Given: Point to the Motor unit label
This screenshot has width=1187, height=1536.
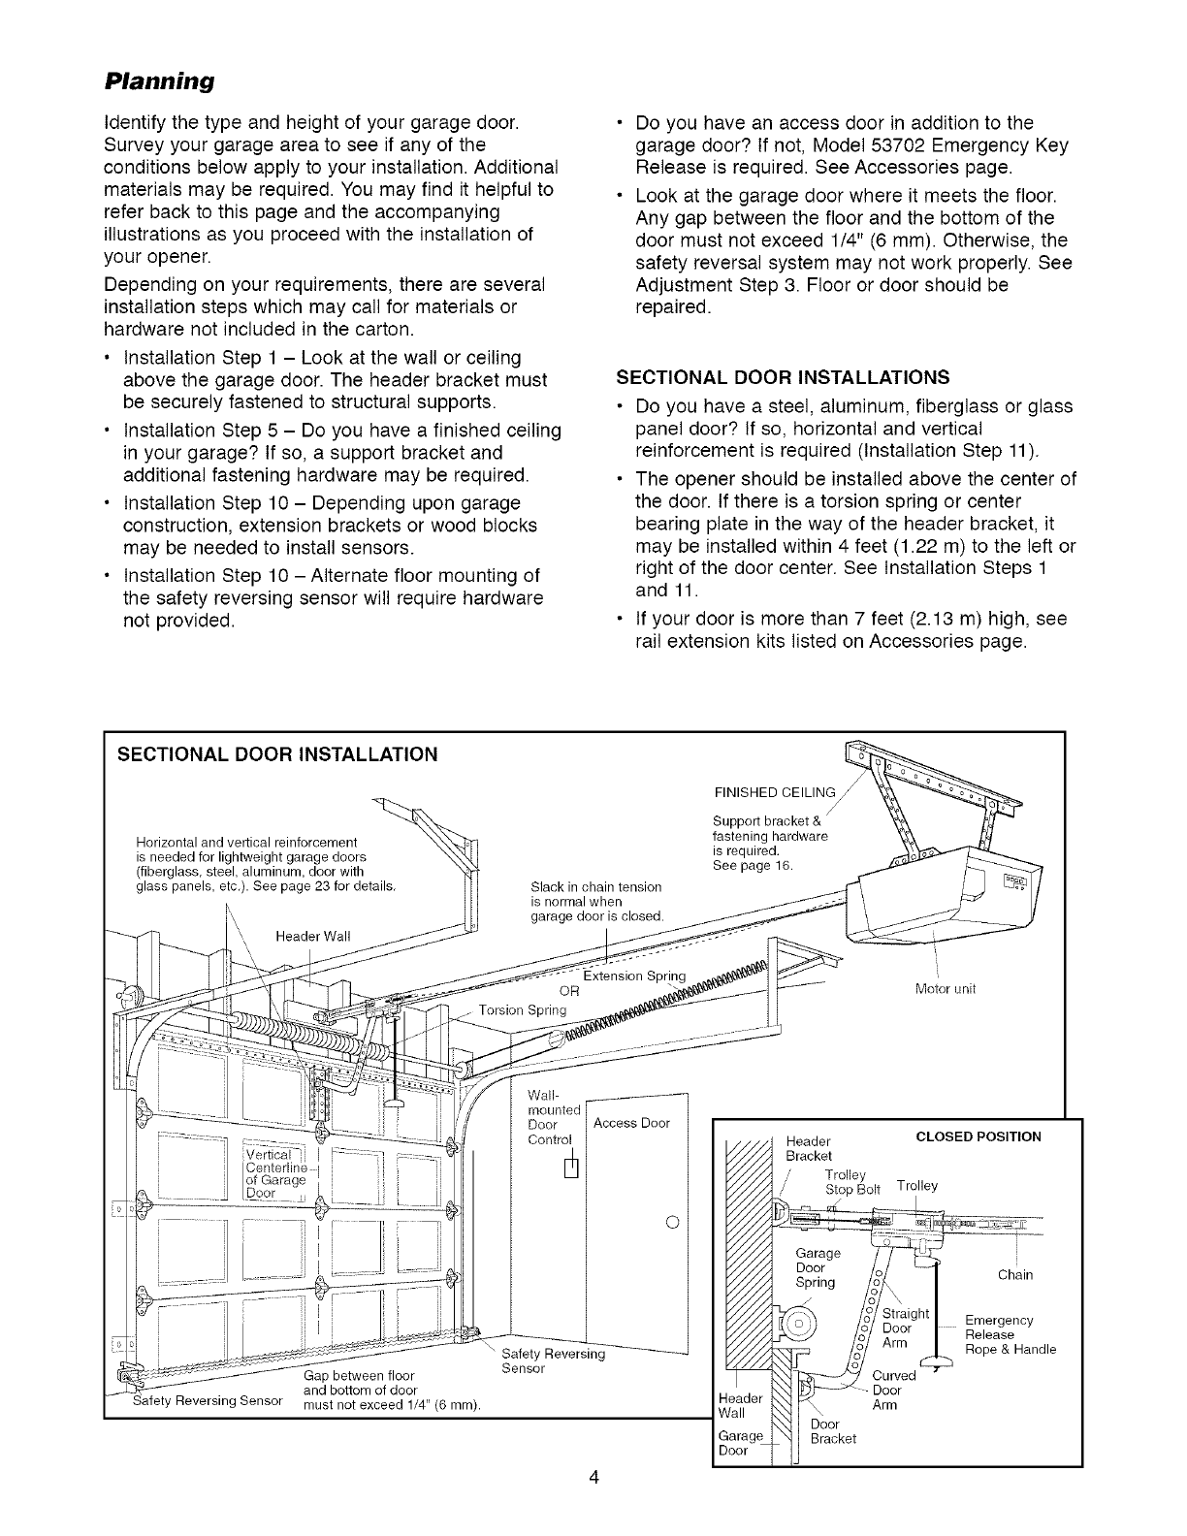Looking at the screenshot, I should pyautogui.click(x=945, y=989).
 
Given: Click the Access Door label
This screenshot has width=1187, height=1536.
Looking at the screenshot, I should pyautogui.click(x=631, y=1123).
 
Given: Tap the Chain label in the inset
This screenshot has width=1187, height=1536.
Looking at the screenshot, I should pyautogui.click(x=1013, y=1274).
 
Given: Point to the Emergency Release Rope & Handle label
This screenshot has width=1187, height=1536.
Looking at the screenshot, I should pyautogui.click(x=1010, y=1334).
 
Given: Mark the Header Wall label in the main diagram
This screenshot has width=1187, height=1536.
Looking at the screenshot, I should pyautogui.click(x=312, y=935).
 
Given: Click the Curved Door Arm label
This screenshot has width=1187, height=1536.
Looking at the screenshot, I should pyautogui.click(x=893, y=1390).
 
